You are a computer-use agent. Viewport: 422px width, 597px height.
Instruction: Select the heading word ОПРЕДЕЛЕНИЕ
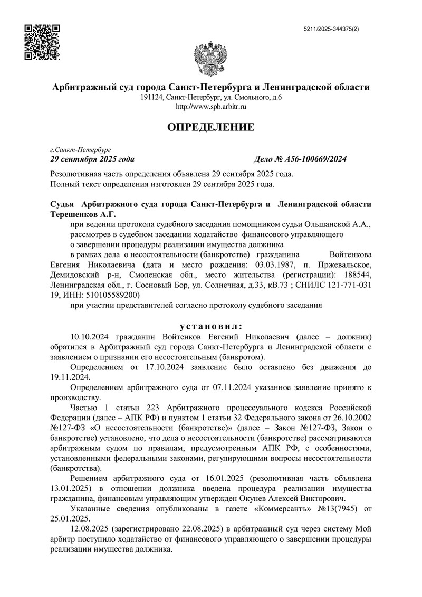pos(210,127)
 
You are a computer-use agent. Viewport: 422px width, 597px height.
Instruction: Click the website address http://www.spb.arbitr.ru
pos(210,107)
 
